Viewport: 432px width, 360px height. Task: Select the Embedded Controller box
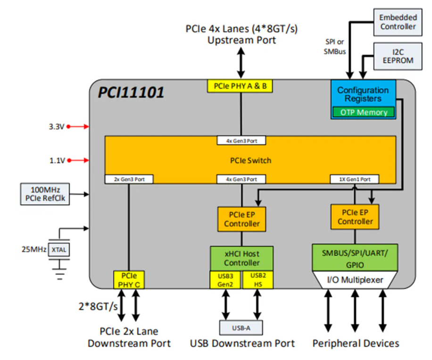398,22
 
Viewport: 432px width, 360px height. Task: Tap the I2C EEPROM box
398,55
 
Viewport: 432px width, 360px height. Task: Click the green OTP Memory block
363,112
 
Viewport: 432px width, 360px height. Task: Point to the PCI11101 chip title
131,92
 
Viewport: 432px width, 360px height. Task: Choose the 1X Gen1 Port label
353,179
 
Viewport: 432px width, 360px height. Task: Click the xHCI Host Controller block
241,258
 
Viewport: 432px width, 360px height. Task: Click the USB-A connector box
241,327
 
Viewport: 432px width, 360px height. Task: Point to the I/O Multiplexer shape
355,281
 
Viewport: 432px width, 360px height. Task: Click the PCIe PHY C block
128,279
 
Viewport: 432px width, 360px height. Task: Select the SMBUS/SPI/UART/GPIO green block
355,257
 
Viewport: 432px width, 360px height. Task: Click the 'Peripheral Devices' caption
355,343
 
